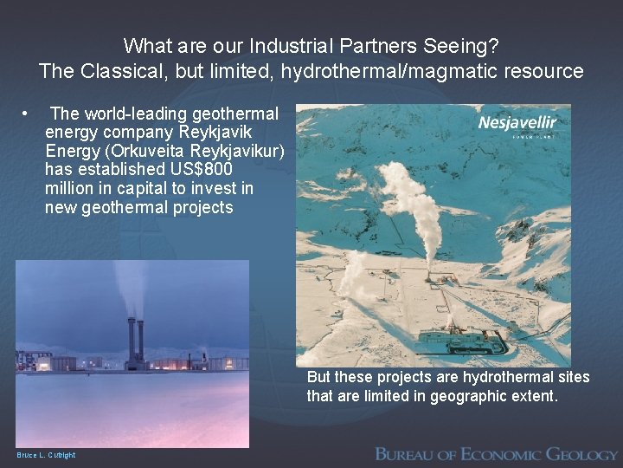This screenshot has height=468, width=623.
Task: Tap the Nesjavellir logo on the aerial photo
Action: coord(517,122)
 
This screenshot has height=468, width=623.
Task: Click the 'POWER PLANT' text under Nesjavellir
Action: coord(534,136)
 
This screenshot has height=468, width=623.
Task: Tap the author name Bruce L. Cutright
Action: coord(46,455)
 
